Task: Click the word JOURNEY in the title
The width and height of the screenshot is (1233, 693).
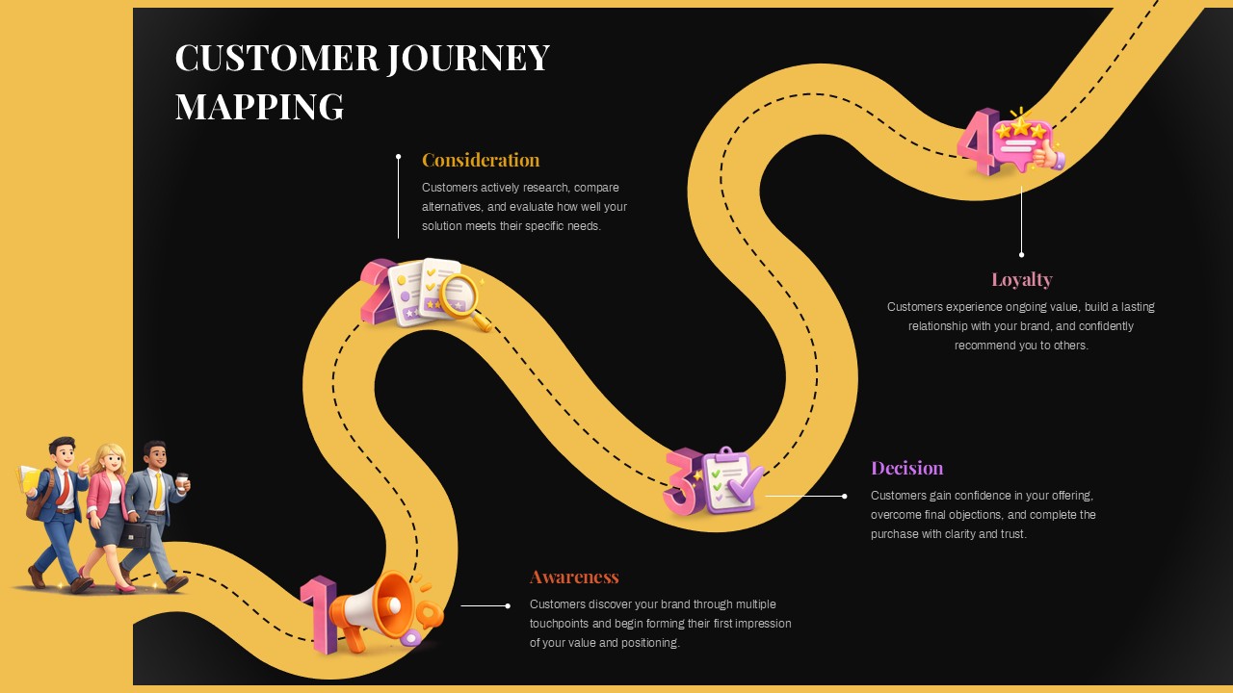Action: click(x=468, y=58)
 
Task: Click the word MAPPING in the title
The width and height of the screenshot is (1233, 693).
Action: click(x=259, y=106)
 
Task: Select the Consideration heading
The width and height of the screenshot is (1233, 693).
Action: click(x=481, y=160)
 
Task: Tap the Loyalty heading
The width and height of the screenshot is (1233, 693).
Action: click(x=1021, y=279)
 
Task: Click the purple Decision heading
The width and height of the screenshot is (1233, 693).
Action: click(x=906, y=468)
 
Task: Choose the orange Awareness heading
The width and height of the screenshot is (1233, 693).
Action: click(x=574, y=577)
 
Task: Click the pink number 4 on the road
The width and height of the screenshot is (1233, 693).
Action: click(x=975, y=142)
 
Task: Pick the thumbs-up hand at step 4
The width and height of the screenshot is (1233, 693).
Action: click(x=1045, y=154)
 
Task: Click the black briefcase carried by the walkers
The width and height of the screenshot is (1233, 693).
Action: click(x=135, y=534)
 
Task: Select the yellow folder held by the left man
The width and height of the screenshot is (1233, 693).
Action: click(x=31, y=480)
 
